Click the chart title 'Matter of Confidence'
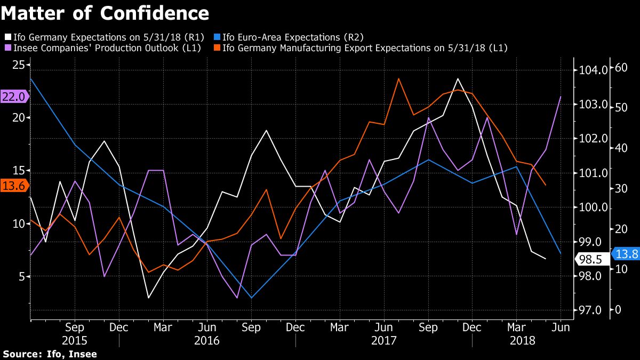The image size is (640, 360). (x=105, y=12)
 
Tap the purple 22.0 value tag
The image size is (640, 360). (x=13, y=97)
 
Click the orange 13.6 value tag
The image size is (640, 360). (x=13, y=186)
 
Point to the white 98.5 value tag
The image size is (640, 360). (x=590, y=259)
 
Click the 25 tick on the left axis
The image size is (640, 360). (x=19, y=65)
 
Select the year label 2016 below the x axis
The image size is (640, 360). (x=207, y=340)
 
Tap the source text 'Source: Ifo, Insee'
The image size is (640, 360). (x=50, y=354)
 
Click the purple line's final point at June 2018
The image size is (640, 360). (x=561, y=97)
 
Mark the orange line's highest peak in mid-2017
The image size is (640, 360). (x=398, y=78)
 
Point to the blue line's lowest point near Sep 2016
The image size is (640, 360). (x=251, y=298)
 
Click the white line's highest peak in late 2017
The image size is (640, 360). (x=458, y=78)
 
